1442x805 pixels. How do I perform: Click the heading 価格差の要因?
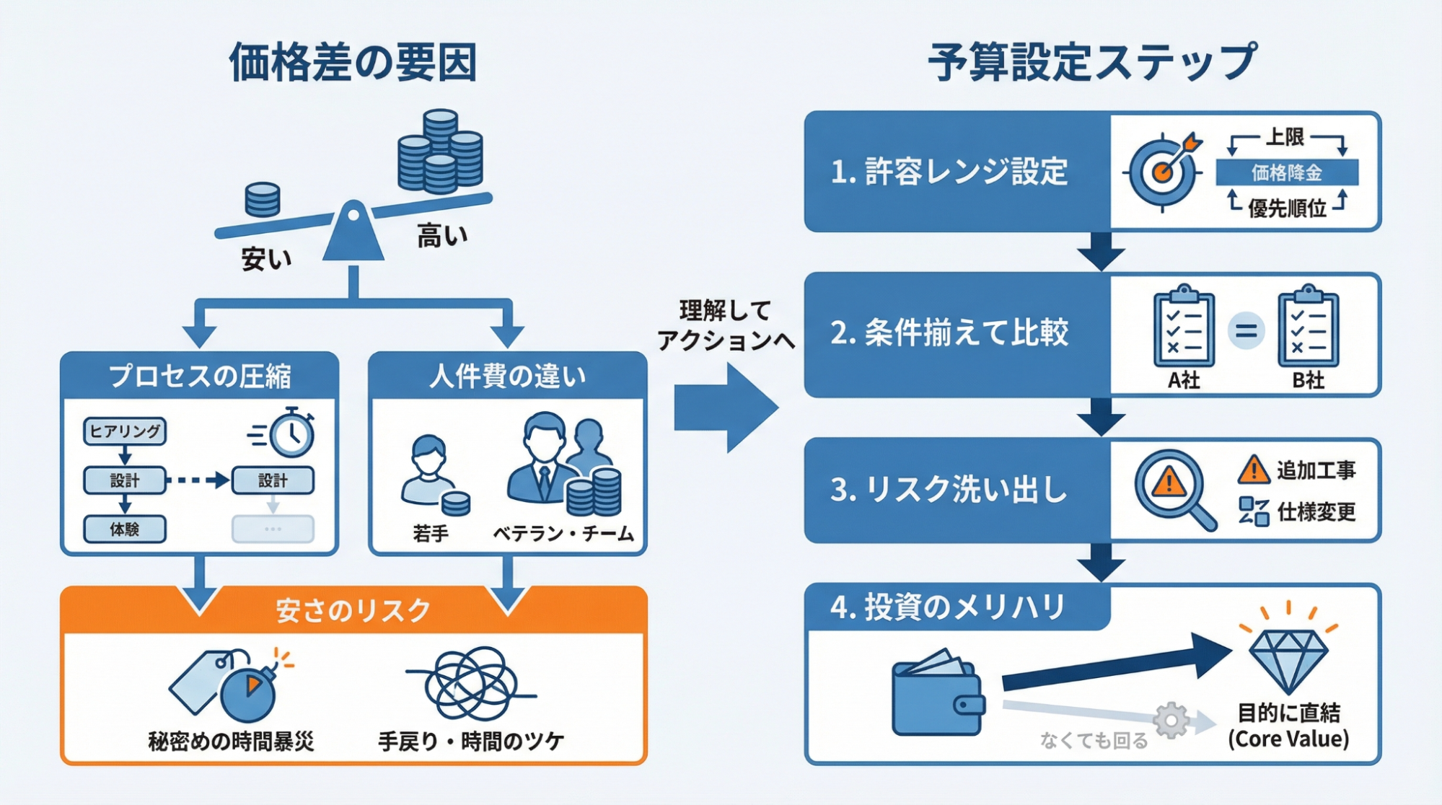[x=353, y=63]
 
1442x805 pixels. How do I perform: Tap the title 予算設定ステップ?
[x=1092, y=63]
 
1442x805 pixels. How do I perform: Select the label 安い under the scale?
[x=266, y=259]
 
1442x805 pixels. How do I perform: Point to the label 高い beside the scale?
[x=441, y=236]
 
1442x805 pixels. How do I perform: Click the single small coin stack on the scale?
[x=263, y=200]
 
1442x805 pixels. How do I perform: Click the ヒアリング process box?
[x=125, y=431]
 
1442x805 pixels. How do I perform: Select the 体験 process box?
[x=125, y=529]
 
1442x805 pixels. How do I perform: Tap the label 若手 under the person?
[x=431, y=534]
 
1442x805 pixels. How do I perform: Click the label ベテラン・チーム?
[x=563, y=534]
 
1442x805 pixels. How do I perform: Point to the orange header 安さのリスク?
[x=353, y=611]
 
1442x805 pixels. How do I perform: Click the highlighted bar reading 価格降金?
[x=1287, y=173]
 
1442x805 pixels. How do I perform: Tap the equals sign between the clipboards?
[x=1246, y=331]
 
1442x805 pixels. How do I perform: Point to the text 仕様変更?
[x=1316, y=512]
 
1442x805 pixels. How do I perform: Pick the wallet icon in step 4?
[x=938, y=694]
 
